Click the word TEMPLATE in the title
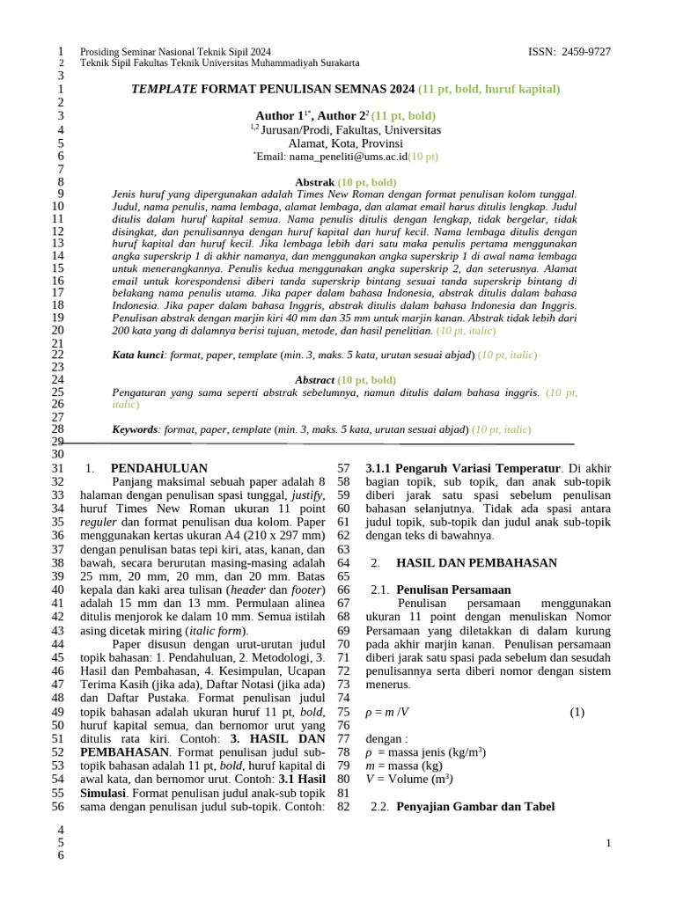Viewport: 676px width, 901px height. (165, 89)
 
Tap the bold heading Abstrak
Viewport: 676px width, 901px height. (314, 182)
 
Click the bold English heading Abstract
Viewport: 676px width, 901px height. (314, 379)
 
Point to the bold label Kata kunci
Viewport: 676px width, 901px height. (139, 355)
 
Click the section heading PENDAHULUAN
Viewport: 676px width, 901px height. (159, 468)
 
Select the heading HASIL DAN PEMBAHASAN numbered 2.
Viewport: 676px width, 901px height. (476, 562)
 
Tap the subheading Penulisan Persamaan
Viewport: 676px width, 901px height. (454, 589)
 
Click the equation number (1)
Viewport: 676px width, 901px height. (577, 712)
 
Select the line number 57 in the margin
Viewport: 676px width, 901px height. (344, 468)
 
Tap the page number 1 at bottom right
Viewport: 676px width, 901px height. (607, 844)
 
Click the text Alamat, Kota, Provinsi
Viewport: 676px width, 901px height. (345, 143)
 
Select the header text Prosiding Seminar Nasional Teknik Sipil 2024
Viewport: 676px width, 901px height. (175, 52)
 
